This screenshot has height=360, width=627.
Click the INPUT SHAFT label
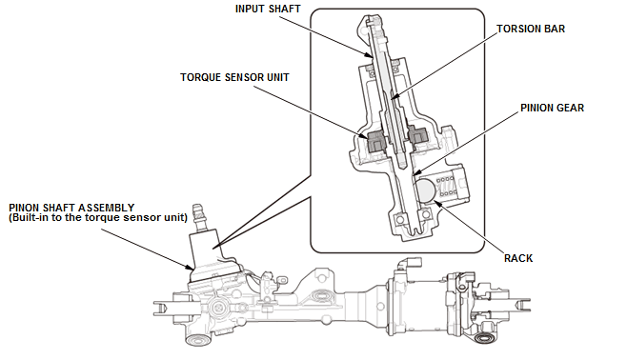[x=268, y=9]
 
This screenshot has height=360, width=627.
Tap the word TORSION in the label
[x=516, y=29]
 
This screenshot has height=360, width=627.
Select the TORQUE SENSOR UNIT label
[x=234, y=77]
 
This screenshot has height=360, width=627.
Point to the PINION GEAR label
[x=552, y=108]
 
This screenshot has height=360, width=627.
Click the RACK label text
[x=518, y=258]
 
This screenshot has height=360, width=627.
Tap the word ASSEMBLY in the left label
[x=106, y=208]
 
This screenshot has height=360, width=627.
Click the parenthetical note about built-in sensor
[x=98, y=217]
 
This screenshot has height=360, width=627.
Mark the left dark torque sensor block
[x=375, y=142]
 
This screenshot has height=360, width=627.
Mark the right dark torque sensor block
[x=418, y=136]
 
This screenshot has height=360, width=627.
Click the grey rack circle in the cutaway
[x=425, y=190]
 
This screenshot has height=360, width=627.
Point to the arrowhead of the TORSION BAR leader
[x=394, y=97]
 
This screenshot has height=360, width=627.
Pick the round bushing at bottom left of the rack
[x=198, y=340]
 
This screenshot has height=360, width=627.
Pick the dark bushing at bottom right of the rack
[x=485, y=338]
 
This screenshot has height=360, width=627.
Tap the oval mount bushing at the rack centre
[x=320, y=296]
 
